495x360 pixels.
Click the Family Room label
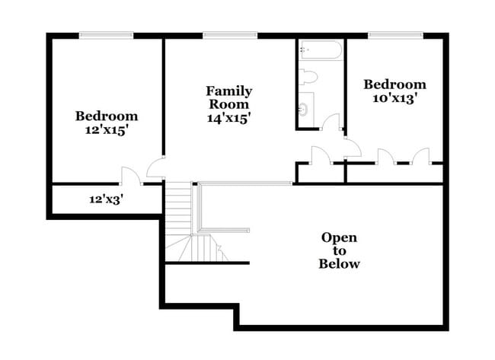click(x=228, y=97)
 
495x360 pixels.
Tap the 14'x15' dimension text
click(x=228, y=118)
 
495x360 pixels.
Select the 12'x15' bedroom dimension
click(x=106, y=130)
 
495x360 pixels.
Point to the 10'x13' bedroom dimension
click(x=394, y=98)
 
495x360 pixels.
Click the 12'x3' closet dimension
click(x=106, y=200)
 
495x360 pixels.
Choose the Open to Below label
click(x=339, y=250)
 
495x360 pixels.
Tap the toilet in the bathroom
click(x=309, y=76)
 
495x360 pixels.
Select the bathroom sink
click(x=304, y=109)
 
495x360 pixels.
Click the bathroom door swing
click(x=331, y=123)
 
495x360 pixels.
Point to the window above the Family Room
click(x=229, y=34)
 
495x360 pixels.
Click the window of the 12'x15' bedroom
click(x=106, y=34)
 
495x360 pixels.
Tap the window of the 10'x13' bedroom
click(x=395, y=34)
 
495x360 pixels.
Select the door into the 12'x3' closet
click(x=130, y=177)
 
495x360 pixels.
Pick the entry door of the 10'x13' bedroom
click(x=352, y=148)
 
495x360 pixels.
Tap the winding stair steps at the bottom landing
click(x=196, y=249)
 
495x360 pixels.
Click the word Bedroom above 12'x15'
click(x=106, y=116)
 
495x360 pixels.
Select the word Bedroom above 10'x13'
click(x=394, y=84)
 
